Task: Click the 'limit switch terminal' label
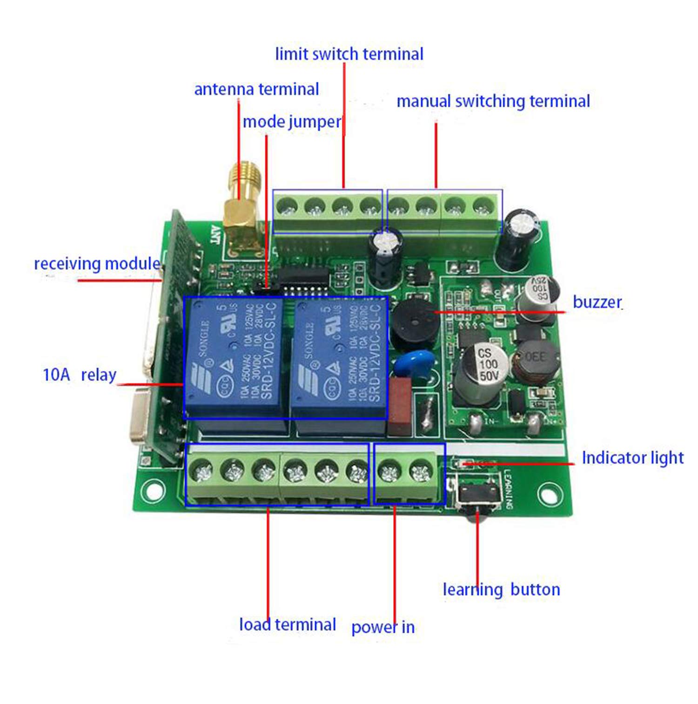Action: [349, 54]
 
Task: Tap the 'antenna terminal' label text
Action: [256, 89]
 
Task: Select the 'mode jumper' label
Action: [292, 122]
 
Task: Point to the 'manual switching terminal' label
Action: [493, 101]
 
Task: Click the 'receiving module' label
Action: [97, 264]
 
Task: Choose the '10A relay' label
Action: [80, 375]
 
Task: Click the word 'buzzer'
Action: [597, 302]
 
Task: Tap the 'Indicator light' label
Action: [632, 458]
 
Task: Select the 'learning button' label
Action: [501, 590]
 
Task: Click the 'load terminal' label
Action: [287, 624]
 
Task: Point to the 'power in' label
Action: [383, 627]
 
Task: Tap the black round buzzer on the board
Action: [412, 321]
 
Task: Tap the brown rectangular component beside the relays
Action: [400, 404]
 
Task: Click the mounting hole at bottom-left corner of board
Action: [152, 490]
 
